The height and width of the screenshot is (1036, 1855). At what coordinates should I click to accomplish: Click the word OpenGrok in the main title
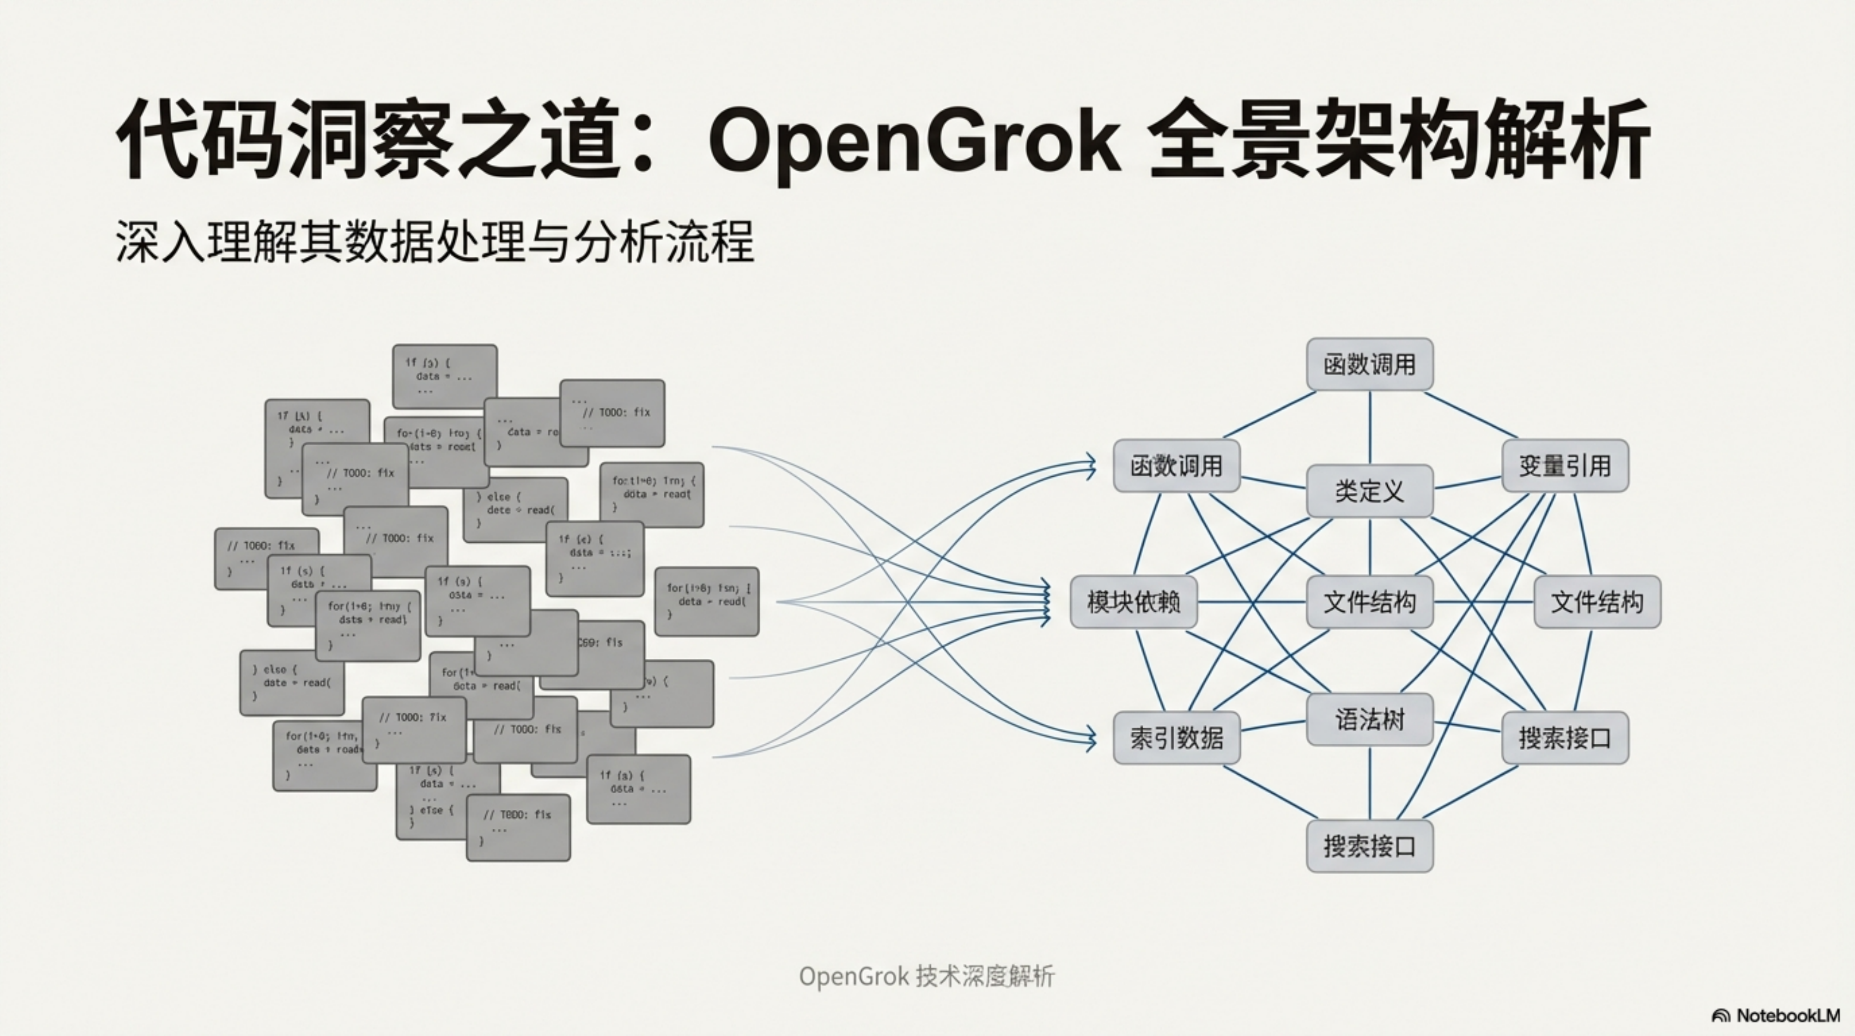[915, 140]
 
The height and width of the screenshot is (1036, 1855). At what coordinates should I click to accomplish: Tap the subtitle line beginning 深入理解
[434, 241]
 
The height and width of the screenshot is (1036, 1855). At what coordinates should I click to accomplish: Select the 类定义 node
[1369, 491]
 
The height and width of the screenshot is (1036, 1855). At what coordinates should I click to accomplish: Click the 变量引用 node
[1564, 466]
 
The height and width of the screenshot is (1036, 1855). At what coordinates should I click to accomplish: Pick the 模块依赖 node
[1133, 602]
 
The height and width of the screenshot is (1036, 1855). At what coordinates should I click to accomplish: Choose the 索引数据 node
[1176, 738]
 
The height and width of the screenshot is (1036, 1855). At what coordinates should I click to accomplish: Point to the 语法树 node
[1369, 719]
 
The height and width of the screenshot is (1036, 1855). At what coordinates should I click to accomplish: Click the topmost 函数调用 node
[1369, 365]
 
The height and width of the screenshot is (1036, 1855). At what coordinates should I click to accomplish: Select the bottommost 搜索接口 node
[1369, 846]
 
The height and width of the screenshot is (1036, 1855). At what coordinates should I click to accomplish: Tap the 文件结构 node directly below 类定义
[1369, 602]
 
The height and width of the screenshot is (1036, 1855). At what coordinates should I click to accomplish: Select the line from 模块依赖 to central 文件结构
[1251, 602]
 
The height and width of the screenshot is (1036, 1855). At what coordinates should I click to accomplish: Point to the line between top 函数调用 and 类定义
[1369, 428]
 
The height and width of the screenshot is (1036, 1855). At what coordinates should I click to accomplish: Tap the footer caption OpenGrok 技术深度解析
[926, 977]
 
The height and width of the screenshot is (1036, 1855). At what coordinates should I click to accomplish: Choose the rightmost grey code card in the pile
[706, 602]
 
